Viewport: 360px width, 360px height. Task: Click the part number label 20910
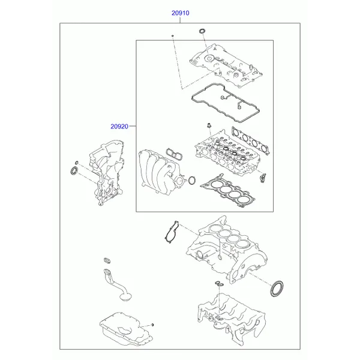pyautogui.click(x=181, y=13)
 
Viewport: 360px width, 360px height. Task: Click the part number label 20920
pyautogui.click(x=119, y=126)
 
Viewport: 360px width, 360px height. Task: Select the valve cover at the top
pyautogui.click(x=226, y=65)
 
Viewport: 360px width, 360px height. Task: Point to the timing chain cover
pyautogui.click(x=107, y=172)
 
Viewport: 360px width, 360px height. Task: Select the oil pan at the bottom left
pyautogui.click(x=126, y=329)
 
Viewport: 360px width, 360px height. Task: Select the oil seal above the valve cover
pyautogui.click(x=202, y=31)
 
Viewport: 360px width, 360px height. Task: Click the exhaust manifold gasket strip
pyautogui.click(x=250, y=141)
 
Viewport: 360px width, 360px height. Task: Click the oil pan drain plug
pyautogui.click(x=152, y=325)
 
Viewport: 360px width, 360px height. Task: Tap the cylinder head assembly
pyautogui.click(x=227, y=152)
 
